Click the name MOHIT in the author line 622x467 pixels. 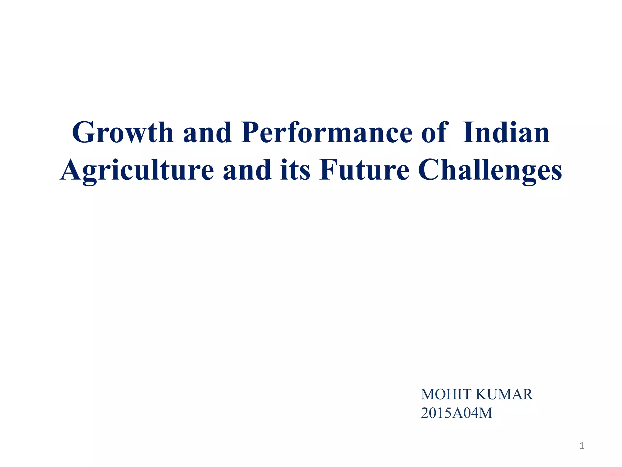tap(446, 394)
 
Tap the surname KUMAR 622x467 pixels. tap(504, 394)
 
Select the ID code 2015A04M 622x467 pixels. tap(456, 413)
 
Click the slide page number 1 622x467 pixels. tap(582, 446)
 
